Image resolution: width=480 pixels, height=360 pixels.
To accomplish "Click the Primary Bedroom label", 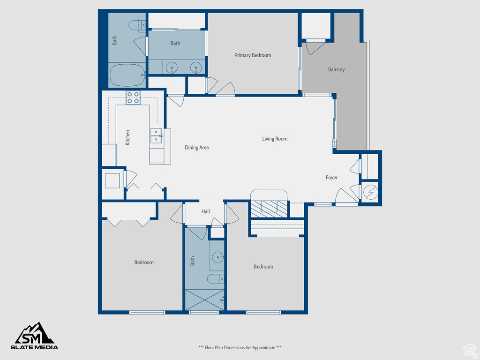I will (x=253, y=55).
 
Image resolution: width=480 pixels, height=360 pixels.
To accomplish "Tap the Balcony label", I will (x=336, y=69).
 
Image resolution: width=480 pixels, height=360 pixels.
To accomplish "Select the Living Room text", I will (x=275, y=139).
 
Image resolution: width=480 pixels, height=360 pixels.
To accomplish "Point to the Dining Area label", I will (x=197, y=148).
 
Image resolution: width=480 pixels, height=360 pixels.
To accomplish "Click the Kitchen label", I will (x=127, y=138).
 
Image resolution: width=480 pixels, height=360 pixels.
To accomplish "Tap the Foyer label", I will (x=332, y=178).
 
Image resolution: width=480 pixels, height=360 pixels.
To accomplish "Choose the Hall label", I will (x=206, y=212).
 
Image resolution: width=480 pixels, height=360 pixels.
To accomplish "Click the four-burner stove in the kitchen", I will (x=133, y=97).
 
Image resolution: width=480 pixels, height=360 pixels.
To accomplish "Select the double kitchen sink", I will (x=156, y=135).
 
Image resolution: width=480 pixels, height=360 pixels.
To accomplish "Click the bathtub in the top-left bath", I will (x=127, y=75).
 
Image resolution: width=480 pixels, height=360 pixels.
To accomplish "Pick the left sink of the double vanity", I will (x=172, y=68).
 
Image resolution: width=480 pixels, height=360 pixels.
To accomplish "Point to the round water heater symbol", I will (x=370, y=191).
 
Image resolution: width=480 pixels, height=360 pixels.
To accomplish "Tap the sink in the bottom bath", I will (x=218, y=257).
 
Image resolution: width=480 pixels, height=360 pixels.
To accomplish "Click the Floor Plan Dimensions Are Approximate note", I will (x=240, y=347).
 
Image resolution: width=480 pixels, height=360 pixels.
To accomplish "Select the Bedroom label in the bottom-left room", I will (x=144, y=262).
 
